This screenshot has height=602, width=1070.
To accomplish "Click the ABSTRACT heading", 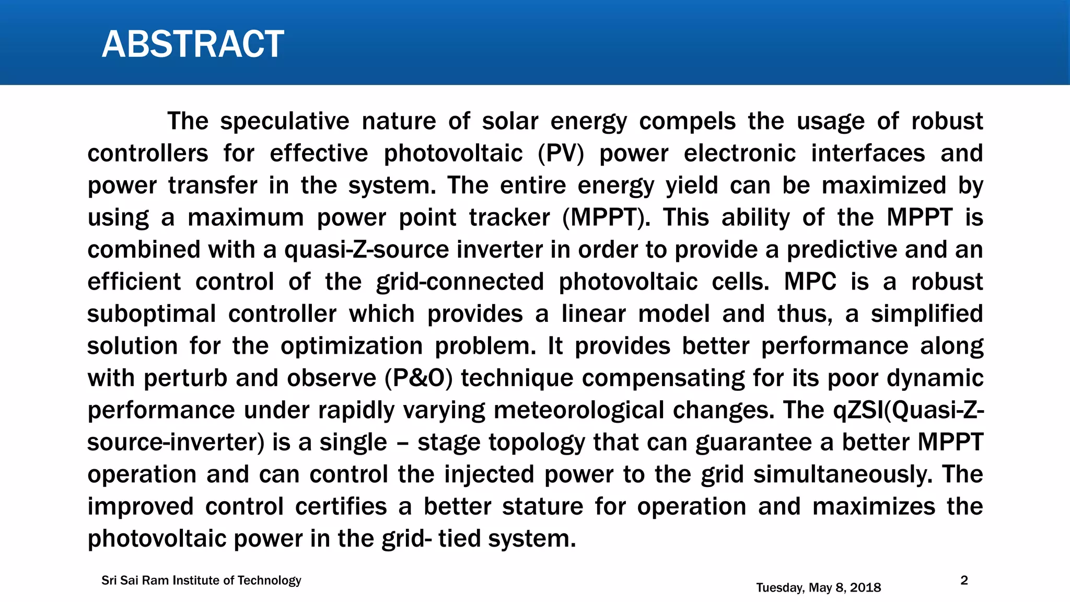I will (x=193, y=44).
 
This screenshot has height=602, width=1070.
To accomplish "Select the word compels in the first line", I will (x=687, y=122).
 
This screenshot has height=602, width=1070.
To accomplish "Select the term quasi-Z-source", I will (x=366, y=250).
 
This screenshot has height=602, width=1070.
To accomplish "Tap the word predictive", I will (x=842, y=250).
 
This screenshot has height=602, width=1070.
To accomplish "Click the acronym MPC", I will (x=810, y=282).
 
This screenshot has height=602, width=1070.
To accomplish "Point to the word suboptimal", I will (x=151, y=314).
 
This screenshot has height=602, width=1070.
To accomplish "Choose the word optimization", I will (x=352, y=346).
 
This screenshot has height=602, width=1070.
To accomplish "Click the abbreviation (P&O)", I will (x=418, y=378).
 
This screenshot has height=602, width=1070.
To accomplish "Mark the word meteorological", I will (x=579, y=411).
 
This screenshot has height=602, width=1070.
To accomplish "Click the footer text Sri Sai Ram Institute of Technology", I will (x=201, y=581).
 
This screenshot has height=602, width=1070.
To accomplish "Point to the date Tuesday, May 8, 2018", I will (x=818, y=588).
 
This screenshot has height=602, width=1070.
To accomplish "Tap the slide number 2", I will (x=964, y=581).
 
